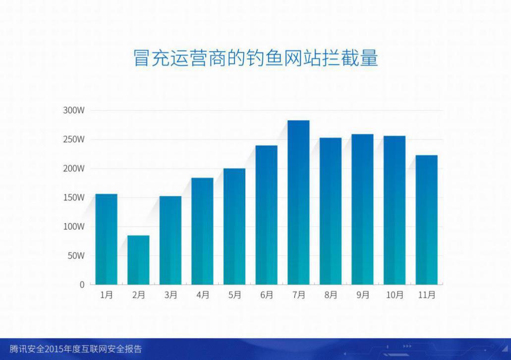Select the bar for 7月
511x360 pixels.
[x=298, y=202]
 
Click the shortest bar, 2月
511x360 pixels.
[x=138, y=260]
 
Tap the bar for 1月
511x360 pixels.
[x=106, y=240]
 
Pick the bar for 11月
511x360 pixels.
[x=427, y=220]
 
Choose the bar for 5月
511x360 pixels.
[x=234, y=227]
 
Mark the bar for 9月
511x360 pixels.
[x=362, y=209]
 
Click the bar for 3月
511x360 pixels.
[x=170, y=240]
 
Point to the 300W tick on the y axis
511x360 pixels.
[x=74, y=110]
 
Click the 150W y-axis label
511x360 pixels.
[x=74, y=198]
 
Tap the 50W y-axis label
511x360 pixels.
[x=76, y=256]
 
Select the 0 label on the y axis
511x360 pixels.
[x=82, y=285]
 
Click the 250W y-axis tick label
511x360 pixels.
[x=74, y=139]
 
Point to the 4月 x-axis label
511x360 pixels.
[x=203, y=295]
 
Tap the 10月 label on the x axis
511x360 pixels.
[x=395, y=295]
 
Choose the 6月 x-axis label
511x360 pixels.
[x=267, y=295]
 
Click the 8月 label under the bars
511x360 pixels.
[x=331, y=295]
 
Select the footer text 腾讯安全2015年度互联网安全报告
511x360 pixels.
[x=76, y=349]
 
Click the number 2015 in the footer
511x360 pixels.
[x=54, y=349]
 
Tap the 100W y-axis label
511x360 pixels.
[x=74, y=227]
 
